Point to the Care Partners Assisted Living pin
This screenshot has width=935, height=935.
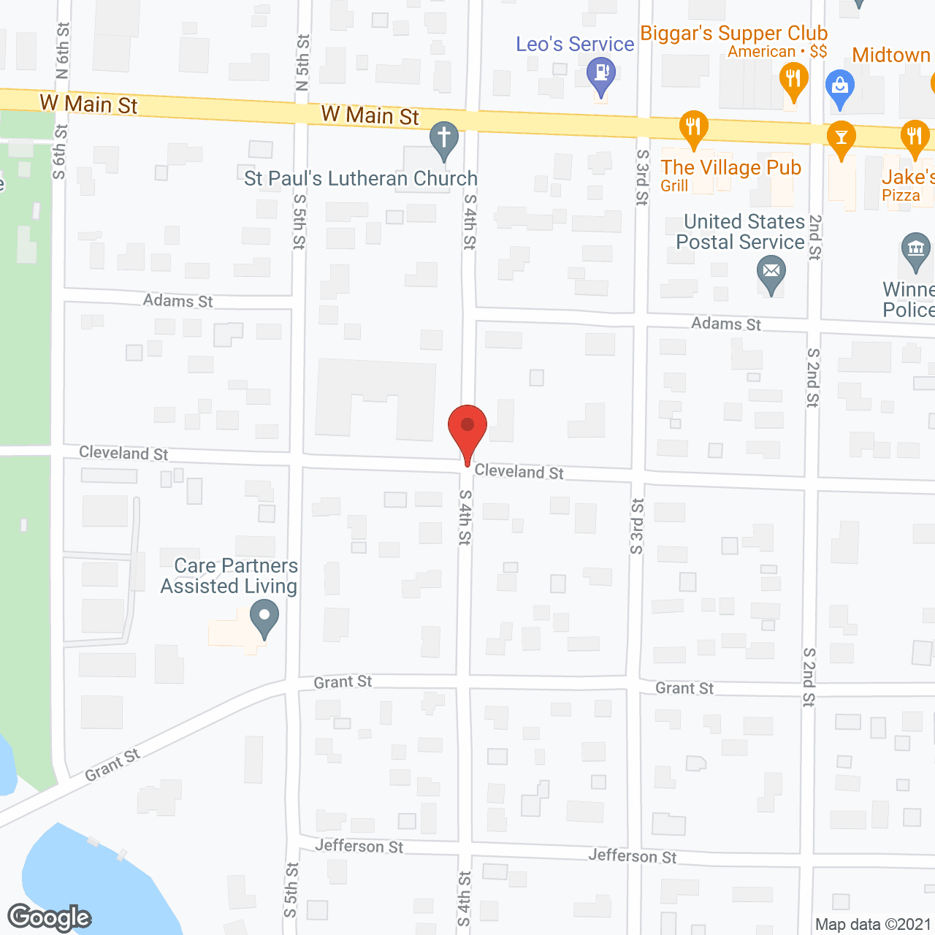tap(264, 618)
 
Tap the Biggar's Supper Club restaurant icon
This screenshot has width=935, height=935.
tap(793, 80)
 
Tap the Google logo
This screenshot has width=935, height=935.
tap(49, 917)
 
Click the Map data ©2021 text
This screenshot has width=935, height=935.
tap(873, 925)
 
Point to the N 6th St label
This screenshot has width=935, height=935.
tap(63, 50)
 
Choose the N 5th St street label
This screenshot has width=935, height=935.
tap(302, 62)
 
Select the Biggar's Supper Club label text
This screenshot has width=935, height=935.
tap(733, 34)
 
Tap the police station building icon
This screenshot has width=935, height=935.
tap(915, 250)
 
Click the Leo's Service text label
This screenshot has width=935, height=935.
tap(575, 44)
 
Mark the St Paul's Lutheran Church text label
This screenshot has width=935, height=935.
tap(361, 178)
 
